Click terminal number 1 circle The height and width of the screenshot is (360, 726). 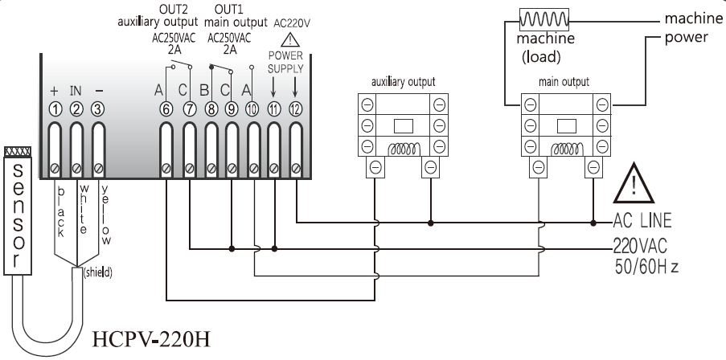(x=55, y=109)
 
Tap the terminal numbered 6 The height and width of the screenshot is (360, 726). (x=166, y=109)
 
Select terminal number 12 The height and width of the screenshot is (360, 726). (x=295, y=109)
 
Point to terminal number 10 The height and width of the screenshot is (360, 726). (x=253, y=109)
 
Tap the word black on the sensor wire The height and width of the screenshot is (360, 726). (x=60, y=211)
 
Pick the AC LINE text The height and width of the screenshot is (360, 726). (x=642, y=220)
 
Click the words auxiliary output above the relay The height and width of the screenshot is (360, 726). (x=404, y=82)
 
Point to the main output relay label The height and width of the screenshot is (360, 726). (x=564, y=82)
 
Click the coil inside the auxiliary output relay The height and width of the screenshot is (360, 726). (x=404, y=149)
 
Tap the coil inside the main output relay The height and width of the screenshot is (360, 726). (x=565, y=149)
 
